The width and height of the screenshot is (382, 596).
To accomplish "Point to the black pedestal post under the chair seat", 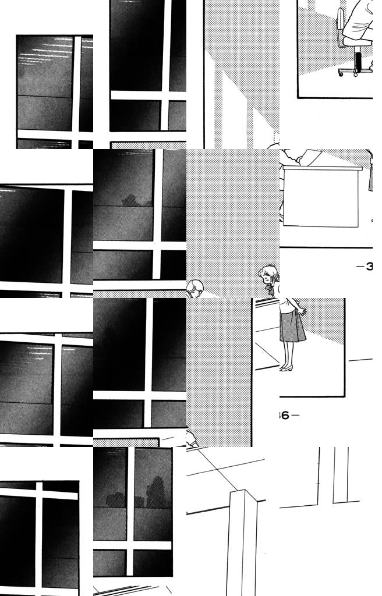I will [x=358, y=59].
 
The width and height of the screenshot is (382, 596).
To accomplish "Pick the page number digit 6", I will [x=285, y=416].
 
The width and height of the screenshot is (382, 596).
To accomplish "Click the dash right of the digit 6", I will [x=295, y=416].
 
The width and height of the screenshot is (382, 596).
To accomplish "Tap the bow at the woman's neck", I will [x=268, y=289].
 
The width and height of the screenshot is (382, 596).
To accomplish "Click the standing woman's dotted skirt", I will [x=292, y=326].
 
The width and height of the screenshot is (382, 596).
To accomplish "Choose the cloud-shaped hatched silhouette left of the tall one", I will [x=115, y=499].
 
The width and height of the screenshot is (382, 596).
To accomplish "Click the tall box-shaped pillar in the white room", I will [x=242, y=541].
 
